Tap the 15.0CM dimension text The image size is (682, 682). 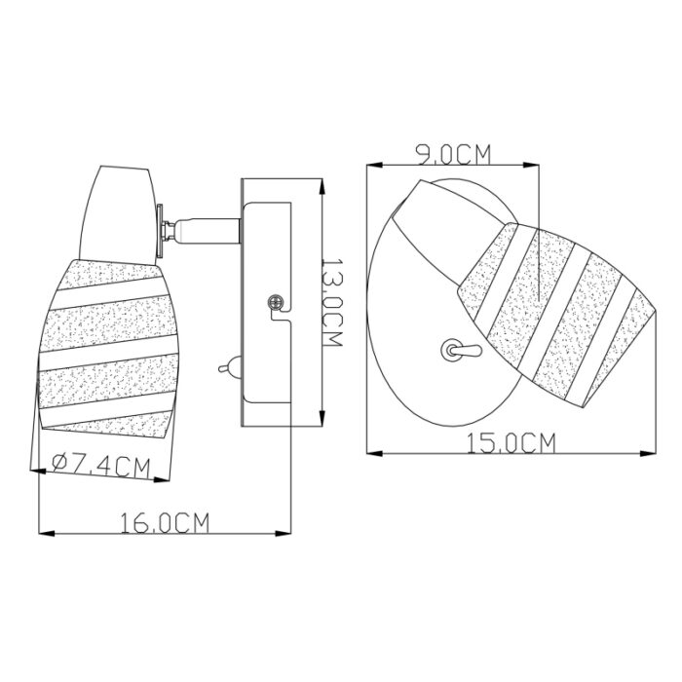(x=511, y=442)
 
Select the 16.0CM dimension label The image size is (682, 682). (x=165, y=522)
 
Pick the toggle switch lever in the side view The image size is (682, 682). (x=228, y=367)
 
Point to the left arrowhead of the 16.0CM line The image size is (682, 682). (x=41, y=533)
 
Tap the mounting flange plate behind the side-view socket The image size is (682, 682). (x=160, y=231)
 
